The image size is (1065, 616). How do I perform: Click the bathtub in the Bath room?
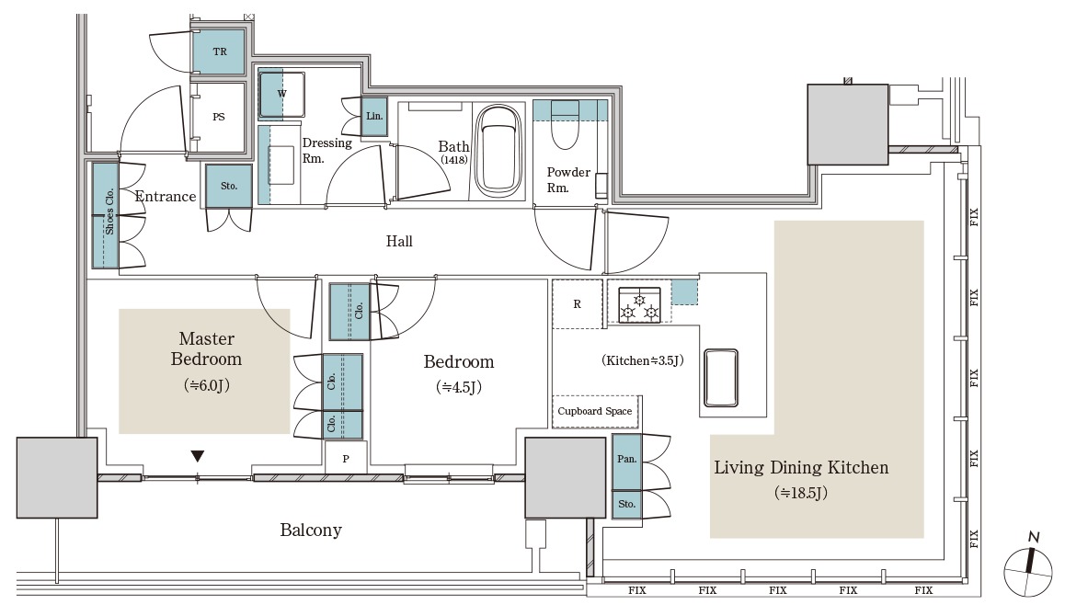tap(499, 151)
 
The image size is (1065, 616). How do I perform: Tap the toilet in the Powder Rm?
tap(564, 125)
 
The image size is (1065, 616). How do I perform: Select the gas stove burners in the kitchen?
tap(639, 304)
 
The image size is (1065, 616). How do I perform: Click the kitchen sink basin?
tap(721, 378)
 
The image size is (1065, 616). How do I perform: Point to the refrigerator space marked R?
tap(578, 303)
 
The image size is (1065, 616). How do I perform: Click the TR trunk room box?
tap(219, 51)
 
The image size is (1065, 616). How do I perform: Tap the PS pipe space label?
tap(219, 117)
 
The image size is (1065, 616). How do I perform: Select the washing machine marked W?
tap(281, 95)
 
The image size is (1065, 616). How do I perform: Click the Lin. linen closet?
tap(374, 116)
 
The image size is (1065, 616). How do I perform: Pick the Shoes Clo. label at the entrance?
tap(109, 211)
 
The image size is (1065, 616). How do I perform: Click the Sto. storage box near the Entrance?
tap(229, 186)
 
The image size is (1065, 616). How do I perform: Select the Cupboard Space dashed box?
tap(595, 412)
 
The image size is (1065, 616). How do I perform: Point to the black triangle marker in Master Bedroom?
tap(198, 456)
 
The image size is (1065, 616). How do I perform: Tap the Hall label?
tap(399, 241)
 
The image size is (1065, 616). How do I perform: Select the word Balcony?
tap(311, 530)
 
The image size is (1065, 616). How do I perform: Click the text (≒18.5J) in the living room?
tap(801, 493)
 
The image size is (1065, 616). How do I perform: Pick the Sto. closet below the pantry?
tap(626, 505)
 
